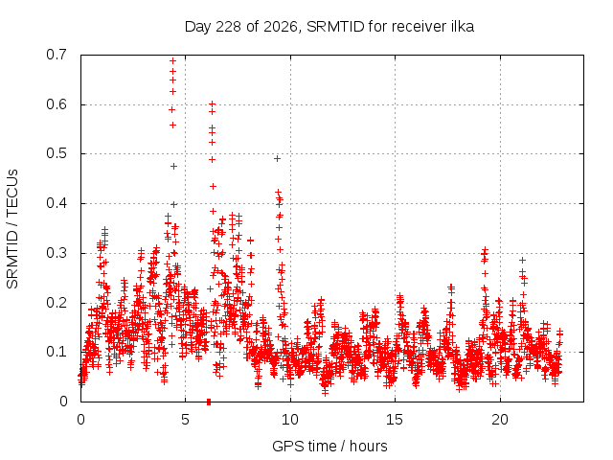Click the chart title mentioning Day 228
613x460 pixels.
pyautogui.click(x=329, y=27)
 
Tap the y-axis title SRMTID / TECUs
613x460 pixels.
pyautogui.click(x=12, y=229)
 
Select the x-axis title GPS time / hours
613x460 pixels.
pyautogui.click(x=329, y=446)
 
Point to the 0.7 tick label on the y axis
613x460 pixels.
pyautogui.click(x=57, y=55)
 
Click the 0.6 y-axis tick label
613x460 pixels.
pyautogui.click(x=57, y=104)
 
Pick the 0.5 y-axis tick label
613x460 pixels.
pyautogui.click(x=57, y=153)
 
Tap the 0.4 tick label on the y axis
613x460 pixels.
pyautogui.click(x=57, y=203)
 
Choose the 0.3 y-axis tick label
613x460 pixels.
pyautogui.click(x=57, y=253)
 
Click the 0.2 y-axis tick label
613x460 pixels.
pyautogui.click(x=57, y=303)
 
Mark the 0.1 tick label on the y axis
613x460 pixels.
pyautogui.click(x=57, y=352)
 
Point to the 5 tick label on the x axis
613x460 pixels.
pyautogui.click(x=185, y=420)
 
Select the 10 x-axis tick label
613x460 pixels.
pyautogui.click(x=290, y=420)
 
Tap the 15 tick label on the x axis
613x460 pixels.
pyautogui.click(x=395, y=420)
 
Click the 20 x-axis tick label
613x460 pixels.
pyautogui.click(x=500, y=420)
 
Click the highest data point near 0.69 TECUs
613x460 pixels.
pyautogui.click(x=172, y=61)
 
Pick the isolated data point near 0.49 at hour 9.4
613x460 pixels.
pyautogui.click(x=277, y=158)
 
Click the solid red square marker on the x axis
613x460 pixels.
pyautogui.click(x=209, y=402)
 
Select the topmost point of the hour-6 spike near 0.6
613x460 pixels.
pyautogui.click(x=213, y=104)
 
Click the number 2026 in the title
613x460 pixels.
pyautogui.click(x=281, y=26)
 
